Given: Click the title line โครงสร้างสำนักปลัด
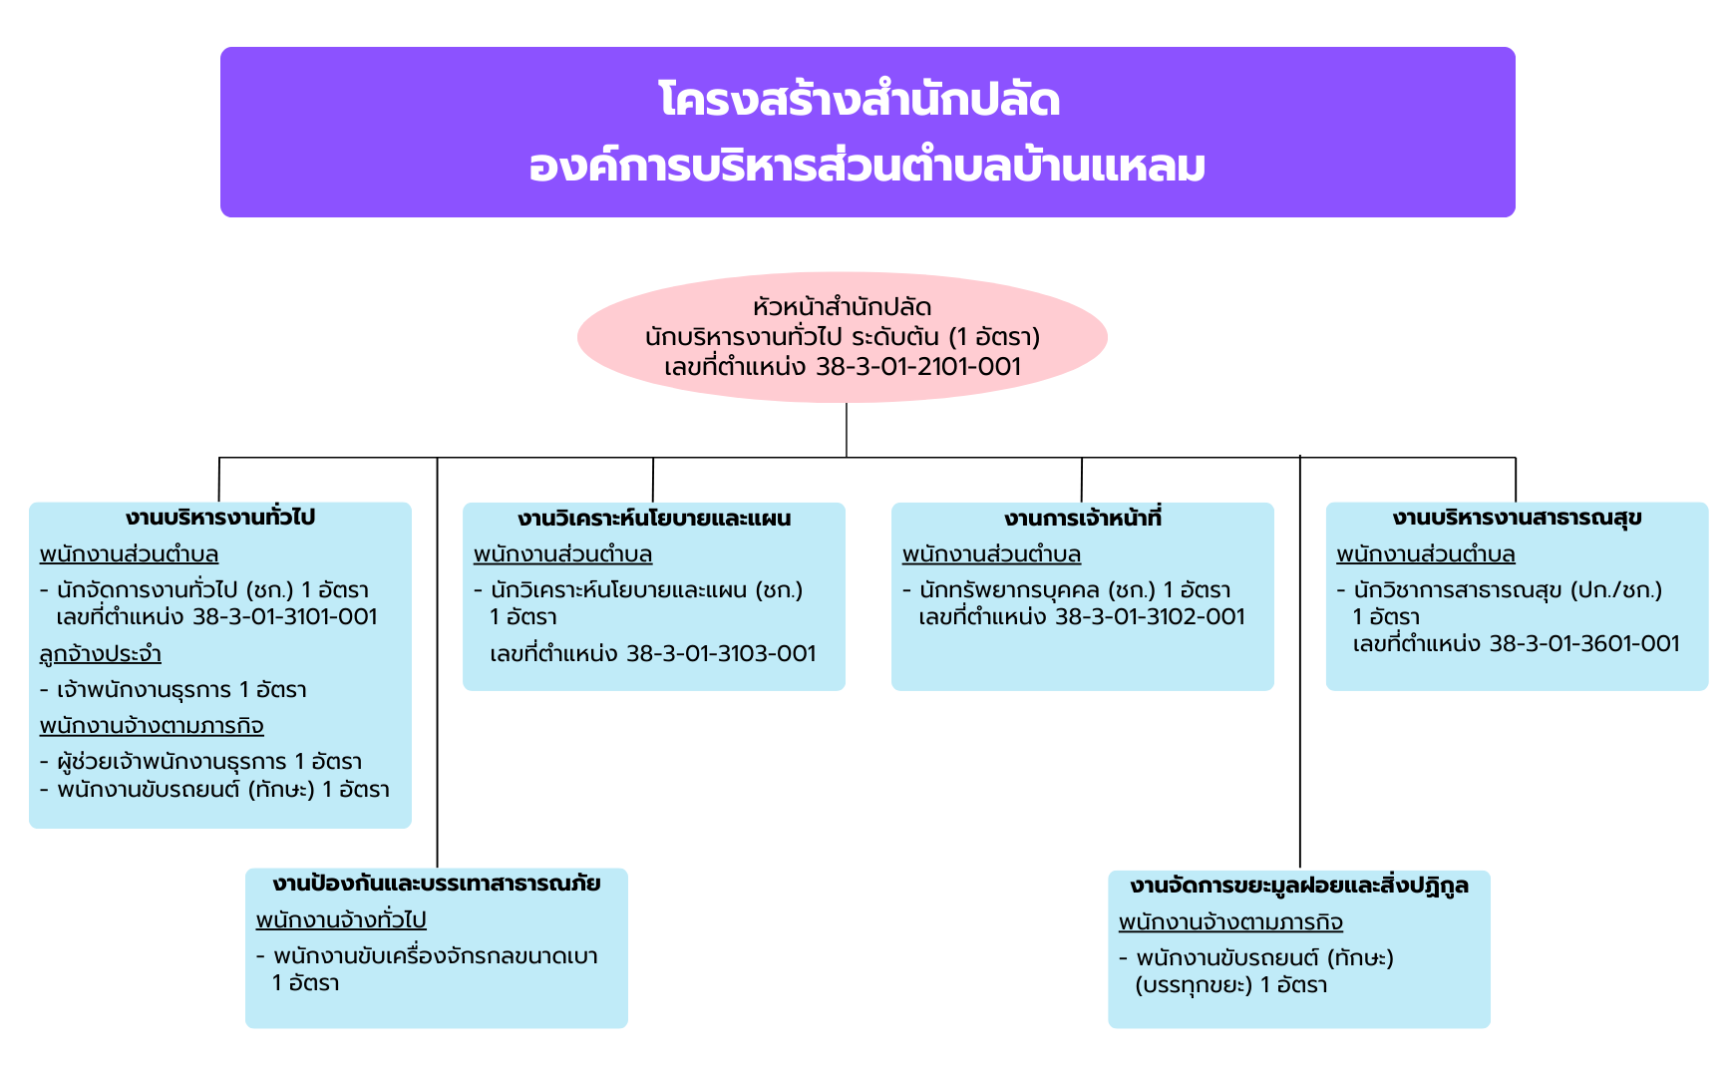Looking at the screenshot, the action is (860, 100).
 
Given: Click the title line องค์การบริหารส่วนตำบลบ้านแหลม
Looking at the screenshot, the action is (867, 166).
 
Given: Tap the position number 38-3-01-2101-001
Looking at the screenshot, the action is (918, 367).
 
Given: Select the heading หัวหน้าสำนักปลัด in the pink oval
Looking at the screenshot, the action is (843, 307).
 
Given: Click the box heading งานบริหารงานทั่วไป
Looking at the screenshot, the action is (220, 517).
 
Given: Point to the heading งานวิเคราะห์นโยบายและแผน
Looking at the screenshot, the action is (654, 518).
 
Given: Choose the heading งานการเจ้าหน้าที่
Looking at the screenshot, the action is (1083, 518).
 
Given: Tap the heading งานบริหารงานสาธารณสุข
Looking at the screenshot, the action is (1517, 518).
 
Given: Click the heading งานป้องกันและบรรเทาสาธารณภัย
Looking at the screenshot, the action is (437, 884).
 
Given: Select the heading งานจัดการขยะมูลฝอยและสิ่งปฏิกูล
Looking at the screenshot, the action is (1299, 886).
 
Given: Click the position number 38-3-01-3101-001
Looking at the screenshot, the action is (285, 616).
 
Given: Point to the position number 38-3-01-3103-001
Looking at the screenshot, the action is (721, 654).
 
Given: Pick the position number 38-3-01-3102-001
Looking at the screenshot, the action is (1150, 616).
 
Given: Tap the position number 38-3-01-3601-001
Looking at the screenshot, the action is (1584, 643).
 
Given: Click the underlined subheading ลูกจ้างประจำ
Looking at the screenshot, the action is (101, 654).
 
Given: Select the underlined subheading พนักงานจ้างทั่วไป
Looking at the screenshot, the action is (341, 919).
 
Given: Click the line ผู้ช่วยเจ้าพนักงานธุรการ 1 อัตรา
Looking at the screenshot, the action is (209, 762).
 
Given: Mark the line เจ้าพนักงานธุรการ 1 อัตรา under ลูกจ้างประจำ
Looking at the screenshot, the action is (181, 690).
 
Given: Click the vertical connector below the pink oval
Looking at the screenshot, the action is (847, 430).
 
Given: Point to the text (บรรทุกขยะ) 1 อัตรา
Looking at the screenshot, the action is (1231, 985).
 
